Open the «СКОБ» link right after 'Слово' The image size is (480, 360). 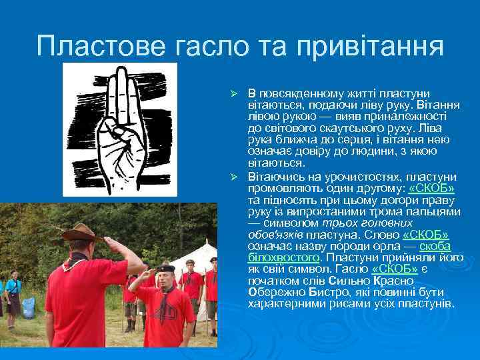(x=426, y=235)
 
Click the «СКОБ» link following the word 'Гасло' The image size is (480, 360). (x=394, y=268)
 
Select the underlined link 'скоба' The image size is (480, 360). (x=436, y=247)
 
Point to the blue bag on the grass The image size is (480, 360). (x=28, y=307)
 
